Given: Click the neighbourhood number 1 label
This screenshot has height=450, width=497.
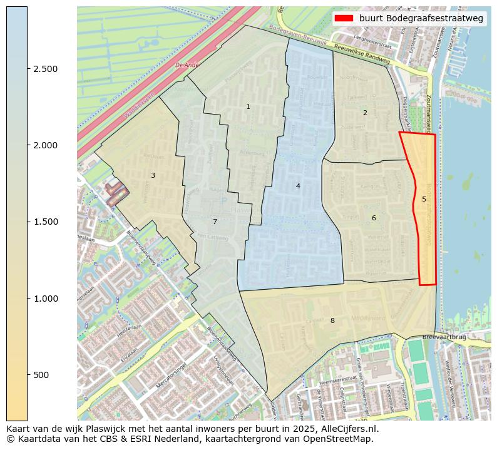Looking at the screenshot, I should pyautogui.click(x=248, y=107).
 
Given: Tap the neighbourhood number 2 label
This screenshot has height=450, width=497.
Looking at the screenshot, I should pyautogui.click(x=365, y=113).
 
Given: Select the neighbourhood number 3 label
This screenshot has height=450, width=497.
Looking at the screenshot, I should pyautogui.click(x=153, y=176).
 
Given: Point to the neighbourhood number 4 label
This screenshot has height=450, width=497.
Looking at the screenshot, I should pyautogui.click(x=298, y=186).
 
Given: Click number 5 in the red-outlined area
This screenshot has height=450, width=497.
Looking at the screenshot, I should pyautogui.click(x=424, y=200).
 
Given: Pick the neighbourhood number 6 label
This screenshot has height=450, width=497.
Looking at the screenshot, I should pyautogui.click(x=374, y=218).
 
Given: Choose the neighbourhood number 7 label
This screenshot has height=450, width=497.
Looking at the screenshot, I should pyautogui.click(x=215, y=222).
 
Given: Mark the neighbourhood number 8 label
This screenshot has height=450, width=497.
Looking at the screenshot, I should pyautogui.click(x=332, y=321).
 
